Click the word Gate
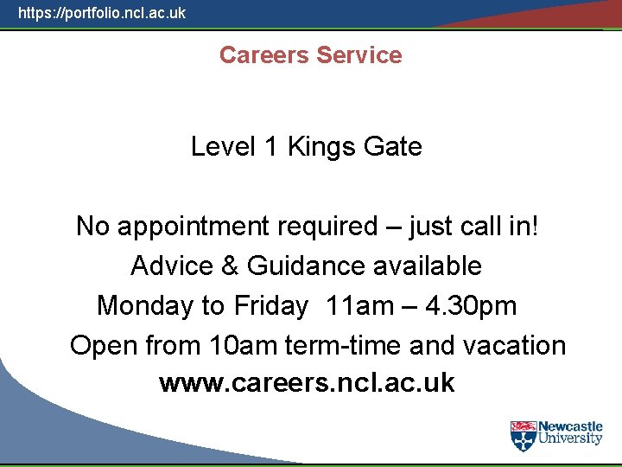[x=393, y=147]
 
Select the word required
[x=327, y=227]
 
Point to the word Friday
[x=270, y=306]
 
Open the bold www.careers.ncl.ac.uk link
[x=307, y=383]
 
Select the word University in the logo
[x=570, y=438]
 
